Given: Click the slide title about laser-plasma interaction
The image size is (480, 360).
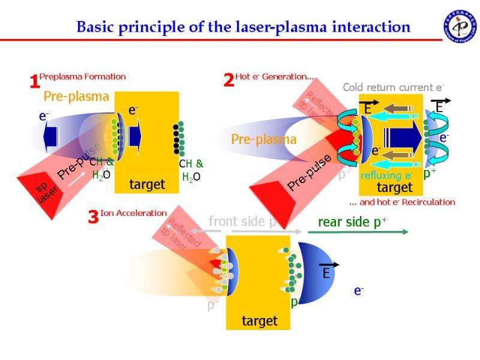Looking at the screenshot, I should point(243,27).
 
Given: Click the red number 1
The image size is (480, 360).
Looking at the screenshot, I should point(34,82).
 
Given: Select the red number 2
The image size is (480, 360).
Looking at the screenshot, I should point(229,80).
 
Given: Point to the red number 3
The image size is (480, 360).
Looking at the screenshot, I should point(93,217).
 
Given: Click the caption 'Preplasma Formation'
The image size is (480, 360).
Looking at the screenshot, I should point(83,76).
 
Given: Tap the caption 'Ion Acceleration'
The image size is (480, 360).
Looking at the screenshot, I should point(133,213).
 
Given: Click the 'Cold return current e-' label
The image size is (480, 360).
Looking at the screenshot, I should point(393,88).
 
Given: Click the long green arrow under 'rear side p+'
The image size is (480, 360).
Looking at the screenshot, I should point(362,232).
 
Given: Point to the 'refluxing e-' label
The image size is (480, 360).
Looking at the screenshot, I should point(386,176).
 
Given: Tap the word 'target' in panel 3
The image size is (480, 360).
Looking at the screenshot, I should point(259,321).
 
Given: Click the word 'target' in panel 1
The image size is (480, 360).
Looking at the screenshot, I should point(147,185).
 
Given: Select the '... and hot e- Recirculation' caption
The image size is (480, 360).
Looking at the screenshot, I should point(402,202).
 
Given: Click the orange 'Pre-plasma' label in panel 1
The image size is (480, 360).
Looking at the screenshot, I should point(76,96).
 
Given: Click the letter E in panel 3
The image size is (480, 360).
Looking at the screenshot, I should point(326,274).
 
